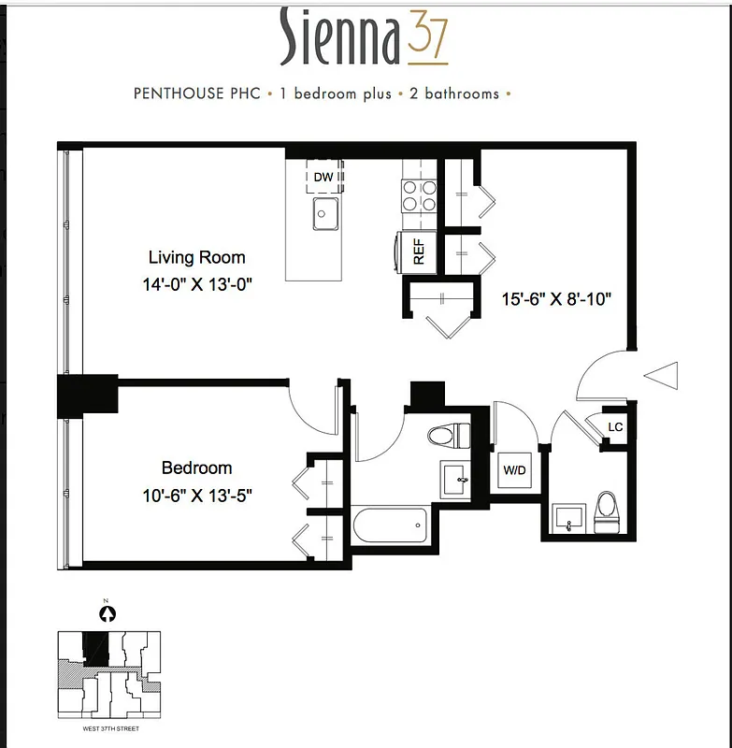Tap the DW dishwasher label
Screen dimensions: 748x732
coord(323,177)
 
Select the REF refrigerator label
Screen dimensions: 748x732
coord(419,252)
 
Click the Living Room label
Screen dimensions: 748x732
coord(197,257)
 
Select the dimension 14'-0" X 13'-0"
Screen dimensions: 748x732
coord(197,282)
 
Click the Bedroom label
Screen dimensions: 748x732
coord(196,467)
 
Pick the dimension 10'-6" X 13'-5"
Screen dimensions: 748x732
coord(196,493)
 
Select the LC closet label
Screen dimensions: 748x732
coord(615,427)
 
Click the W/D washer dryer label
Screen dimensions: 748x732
coord(514,470)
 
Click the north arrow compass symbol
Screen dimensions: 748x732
coord(108,614)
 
